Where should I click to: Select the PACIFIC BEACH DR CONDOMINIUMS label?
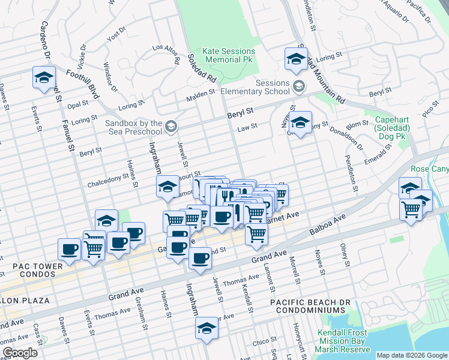coord(308,306)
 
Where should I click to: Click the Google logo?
coord(20,353)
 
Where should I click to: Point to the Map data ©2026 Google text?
coord(412,355)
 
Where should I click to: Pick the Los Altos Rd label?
coord(166,55)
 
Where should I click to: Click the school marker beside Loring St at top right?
coord(295,58)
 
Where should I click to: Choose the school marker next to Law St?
coord(300,122)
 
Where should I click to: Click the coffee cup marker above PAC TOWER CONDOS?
coord(69,248)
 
